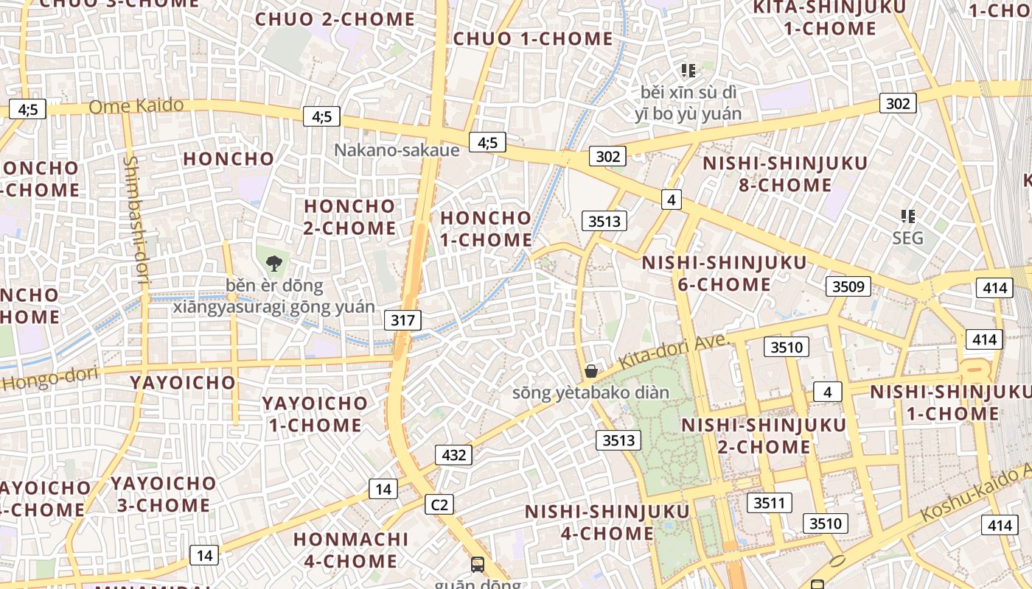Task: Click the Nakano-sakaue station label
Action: [x=397, y=150]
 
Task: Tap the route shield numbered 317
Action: [x=402, y=320]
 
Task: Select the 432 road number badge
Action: [x=453, y=455]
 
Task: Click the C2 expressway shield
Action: [x=439, y=504]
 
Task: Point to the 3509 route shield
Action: [x=848, y=286]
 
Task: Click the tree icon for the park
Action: [x=274, y=263]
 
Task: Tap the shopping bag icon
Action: [x=590, y=370]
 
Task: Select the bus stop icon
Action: [x=478, y=565]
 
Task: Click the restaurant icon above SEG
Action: [x=907, y=216]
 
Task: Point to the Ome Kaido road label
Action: [x=136, y=106]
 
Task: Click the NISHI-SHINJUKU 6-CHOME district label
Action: [x=724, y=273]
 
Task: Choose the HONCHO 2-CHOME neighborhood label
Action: [x=349, y=216]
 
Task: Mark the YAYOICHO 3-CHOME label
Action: [x=164, y=494]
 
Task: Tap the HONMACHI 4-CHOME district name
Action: [x=351, y=550]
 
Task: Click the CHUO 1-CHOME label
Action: [x=533, y=38]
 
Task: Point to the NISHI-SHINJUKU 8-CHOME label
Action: [x=784, y=174]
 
